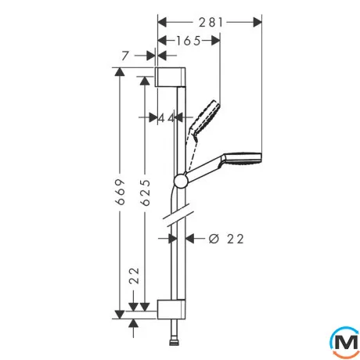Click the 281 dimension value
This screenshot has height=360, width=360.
tap(211, 23)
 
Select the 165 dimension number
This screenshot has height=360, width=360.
tap(189, 41)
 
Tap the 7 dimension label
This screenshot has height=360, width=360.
tap(125, 56)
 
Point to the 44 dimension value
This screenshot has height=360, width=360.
tap(167, 118)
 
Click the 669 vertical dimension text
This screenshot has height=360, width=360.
tap(121, 192)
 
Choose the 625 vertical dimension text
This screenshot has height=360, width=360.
tap(146, 193)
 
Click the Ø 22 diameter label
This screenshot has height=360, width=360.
tap(226, 239)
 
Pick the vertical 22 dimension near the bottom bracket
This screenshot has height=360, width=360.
tap(135, 275)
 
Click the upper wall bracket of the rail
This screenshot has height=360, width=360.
tap(171, 77)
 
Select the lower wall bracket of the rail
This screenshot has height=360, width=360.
tap(171, 309)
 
